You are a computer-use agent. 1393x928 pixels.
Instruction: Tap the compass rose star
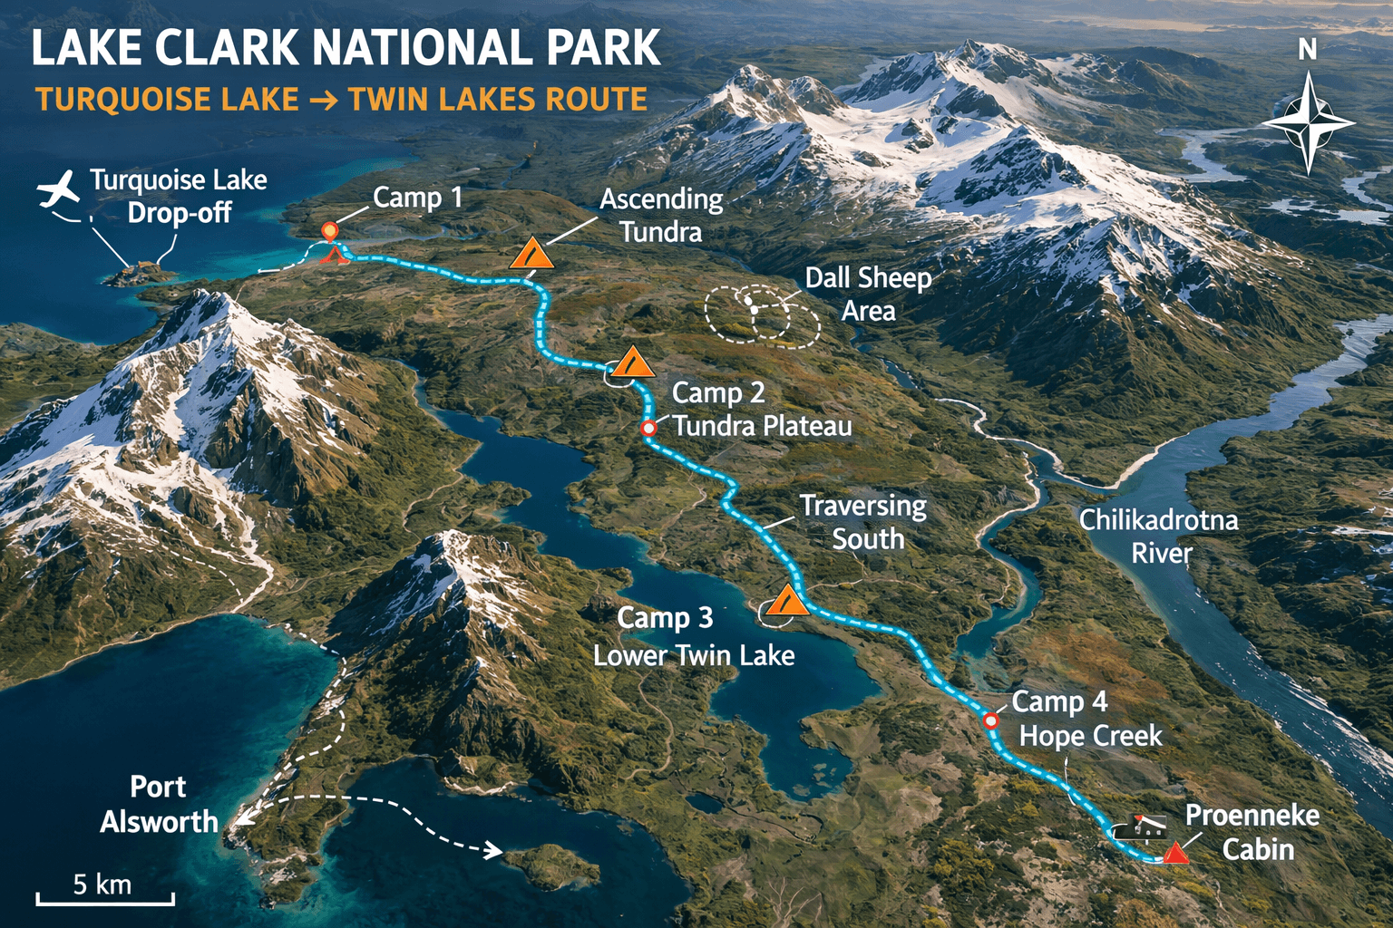click(1307, 123)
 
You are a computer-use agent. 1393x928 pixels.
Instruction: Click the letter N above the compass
click(1307, 50)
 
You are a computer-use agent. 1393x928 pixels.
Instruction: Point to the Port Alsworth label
click(159, 804)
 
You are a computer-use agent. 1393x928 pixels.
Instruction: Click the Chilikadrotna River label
click(1158, 536)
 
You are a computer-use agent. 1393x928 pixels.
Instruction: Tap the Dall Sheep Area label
click(868, 294)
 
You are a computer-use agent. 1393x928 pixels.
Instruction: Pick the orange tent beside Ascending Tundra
click(531, 255)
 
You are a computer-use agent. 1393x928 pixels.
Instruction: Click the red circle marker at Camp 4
click(991, 720)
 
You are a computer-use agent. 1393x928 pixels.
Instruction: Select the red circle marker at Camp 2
click(648, 428)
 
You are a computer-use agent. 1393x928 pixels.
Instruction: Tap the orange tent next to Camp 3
click(786, 601)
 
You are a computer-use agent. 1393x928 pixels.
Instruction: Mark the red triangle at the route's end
click(1176, 853)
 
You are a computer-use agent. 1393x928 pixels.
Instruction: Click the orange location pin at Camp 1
click(330, 232)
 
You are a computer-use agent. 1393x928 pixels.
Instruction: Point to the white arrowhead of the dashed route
click(493, 850)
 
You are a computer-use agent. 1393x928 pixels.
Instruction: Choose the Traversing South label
click(865, 522)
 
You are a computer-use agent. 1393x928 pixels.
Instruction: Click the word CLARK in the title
click(227, 49)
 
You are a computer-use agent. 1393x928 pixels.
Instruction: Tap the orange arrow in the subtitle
click(323, 100)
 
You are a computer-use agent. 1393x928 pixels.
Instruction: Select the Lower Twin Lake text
click(694, 655)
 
